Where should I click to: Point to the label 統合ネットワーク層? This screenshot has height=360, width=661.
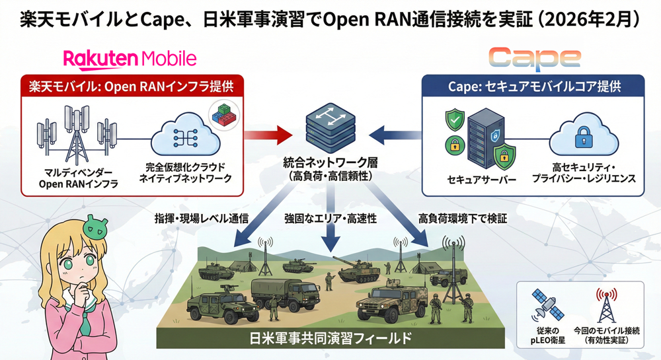pyautogui.click(x=330, y=162)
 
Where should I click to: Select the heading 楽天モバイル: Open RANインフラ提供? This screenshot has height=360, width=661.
pyautogui.click(x=132, y=86)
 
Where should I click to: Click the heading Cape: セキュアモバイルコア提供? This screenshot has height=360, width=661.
pyautogui.click(x=533, y=86)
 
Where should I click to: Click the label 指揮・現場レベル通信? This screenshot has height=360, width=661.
pyautogui.click(x=201, y=219)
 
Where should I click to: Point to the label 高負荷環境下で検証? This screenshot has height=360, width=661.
pyautogui.click(x=462, y=219)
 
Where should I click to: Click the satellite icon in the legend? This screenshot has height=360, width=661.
pyautogui.click(x=547, y=306)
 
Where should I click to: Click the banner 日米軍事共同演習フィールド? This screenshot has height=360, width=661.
pyautogui.click(x=330, y=338)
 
